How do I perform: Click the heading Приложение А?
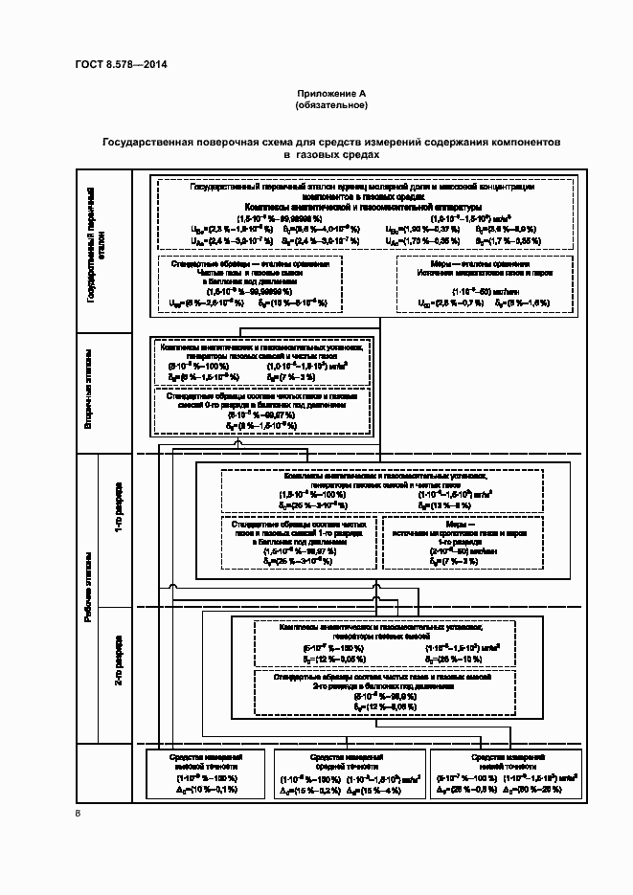pyautogui.click(x=331, y=93)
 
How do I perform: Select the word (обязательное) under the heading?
pyautogui.click(x=331, y=104)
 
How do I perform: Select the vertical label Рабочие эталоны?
pyautogui.click(x=89, y=593)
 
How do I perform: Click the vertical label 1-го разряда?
pyautogui.click(x=118, y=517)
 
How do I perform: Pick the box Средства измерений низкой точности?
pyautogui.click(x=507, y=774)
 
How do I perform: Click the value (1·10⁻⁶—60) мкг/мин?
pyautogui.click(x=483, y=291)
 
